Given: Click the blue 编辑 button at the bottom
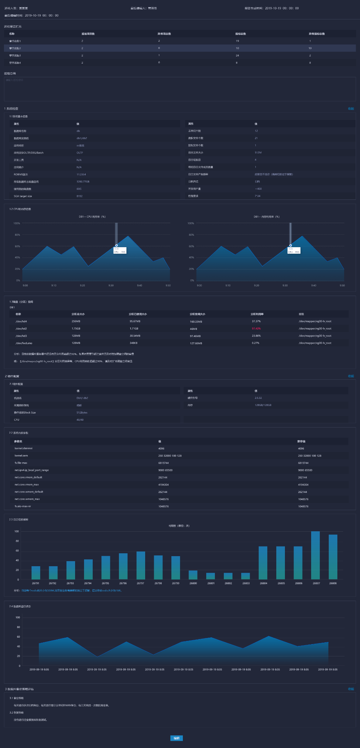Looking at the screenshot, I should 176,738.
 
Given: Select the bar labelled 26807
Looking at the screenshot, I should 315,555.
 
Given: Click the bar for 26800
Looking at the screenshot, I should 193,575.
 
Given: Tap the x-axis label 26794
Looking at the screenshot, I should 88,583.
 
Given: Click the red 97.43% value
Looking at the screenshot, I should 256,328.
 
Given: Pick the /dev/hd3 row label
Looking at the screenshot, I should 21,336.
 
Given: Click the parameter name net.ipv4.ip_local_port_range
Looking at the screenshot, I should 32,470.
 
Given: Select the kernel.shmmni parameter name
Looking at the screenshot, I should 23,448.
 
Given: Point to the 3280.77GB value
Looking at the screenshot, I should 83,181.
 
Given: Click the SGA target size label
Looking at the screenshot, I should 23,196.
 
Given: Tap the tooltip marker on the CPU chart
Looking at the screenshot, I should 116,245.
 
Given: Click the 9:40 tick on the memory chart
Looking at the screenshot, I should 314,285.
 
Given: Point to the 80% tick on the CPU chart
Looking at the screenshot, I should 17,235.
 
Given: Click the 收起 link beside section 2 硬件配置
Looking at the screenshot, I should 351,376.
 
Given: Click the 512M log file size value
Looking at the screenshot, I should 258,153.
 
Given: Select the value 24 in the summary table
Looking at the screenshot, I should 237,56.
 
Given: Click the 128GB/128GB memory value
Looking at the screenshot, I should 263,405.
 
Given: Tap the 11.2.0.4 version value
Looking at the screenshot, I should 81,174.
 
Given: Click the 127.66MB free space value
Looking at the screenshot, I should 196,343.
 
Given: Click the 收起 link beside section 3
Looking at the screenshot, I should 351,689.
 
